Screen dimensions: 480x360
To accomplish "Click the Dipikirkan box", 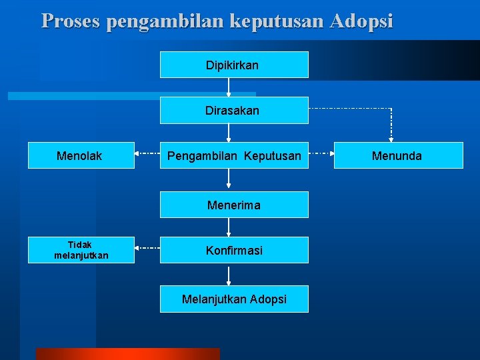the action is pyautogui.click(x=234, y=65).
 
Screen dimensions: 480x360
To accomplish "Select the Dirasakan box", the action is pyautogui.click(x=234, y=111).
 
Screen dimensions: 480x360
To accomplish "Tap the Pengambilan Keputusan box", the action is pyautogui.click(x=234, y=156).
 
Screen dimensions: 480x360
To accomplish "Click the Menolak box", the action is pyautogui.click(x=81, y=156).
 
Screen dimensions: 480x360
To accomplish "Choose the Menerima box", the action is pyautogui.click(x=234, y=205).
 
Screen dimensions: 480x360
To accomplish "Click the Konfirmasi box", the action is pyautogui.click(x=234, y=251).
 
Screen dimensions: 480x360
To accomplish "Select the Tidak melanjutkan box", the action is pyautogui.click(x=81, y=250).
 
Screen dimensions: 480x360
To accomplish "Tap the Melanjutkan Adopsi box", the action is pyautogui.click(x=234, y=299).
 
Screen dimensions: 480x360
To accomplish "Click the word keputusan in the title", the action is pyautogui.click(x=272, y=21).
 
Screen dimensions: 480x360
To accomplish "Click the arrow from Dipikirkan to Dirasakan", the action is pyautogui.click(x=229, y=87).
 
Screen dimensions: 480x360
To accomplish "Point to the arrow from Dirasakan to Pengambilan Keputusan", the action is pyautogui.click(x=229, y=133).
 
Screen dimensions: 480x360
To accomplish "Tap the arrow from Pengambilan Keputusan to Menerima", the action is pyautogui.click(x=229, y=179).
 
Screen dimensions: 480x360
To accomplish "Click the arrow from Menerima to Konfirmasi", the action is pyautogui.click(x=229, y=227).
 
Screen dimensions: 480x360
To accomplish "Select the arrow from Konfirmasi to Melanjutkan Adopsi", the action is pyautogui.click(x=229, y=275).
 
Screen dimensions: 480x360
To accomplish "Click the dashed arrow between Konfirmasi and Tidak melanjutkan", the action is pyautogui.click(x=147, y=248).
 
